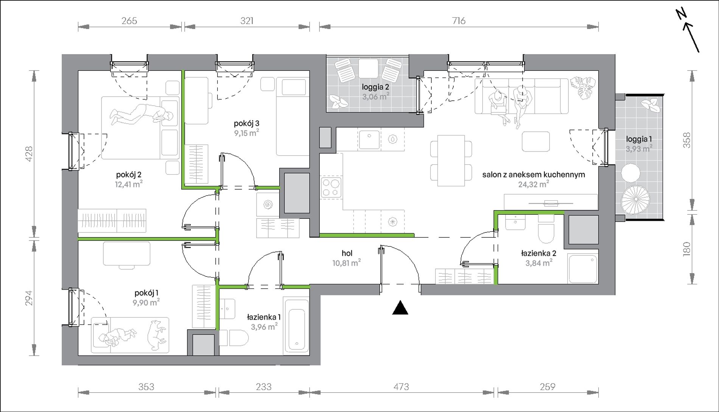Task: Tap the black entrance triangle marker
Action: click(400, 308)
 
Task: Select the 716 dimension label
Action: click(459, 21)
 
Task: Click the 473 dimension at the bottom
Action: click(401, 387)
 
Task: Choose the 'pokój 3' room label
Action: click(246, 123)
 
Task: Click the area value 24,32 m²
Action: click(534, 184)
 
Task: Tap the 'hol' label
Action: click(347, 253)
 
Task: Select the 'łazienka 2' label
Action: click(538, 253)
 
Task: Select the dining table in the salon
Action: click(451, 161)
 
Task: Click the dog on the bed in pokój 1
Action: click(156, 334)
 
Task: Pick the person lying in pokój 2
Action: click(142, 115)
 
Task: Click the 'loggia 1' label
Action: click(639, 139)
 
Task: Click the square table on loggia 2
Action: click(368, 69)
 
